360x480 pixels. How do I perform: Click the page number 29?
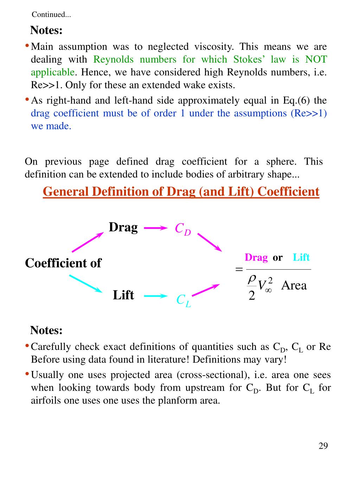click(x=323, y=446)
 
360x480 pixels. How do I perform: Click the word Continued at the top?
click(x=51, y=14)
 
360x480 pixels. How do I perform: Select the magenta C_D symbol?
click(x=183, y=229)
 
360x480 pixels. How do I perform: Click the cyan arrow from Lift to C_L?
click(x=155, y=296)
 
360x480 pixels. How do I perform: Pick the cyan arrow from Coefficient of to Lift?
click(x=85, y=283)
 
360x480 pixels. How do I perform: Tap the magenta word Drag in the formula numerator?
click(x=256, y=257)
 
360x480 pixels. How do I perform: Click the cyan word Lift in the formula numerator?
click(x=301, y=257)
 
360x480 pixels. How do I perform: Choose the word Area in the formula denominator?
click(x=294, y=285)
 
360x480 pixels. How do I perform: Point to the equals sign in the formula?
click(x=239, y=269)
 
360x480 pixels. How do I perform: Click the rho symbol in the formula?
click(x=252, y=279)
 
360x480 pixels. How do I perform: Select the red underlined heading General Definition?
click(x=181, y=192)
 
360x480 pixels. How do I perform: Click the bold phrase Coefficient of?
click(x=63, y=263)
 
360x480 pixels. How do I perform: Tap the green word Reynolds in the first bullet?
click(x=114, y=59)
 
